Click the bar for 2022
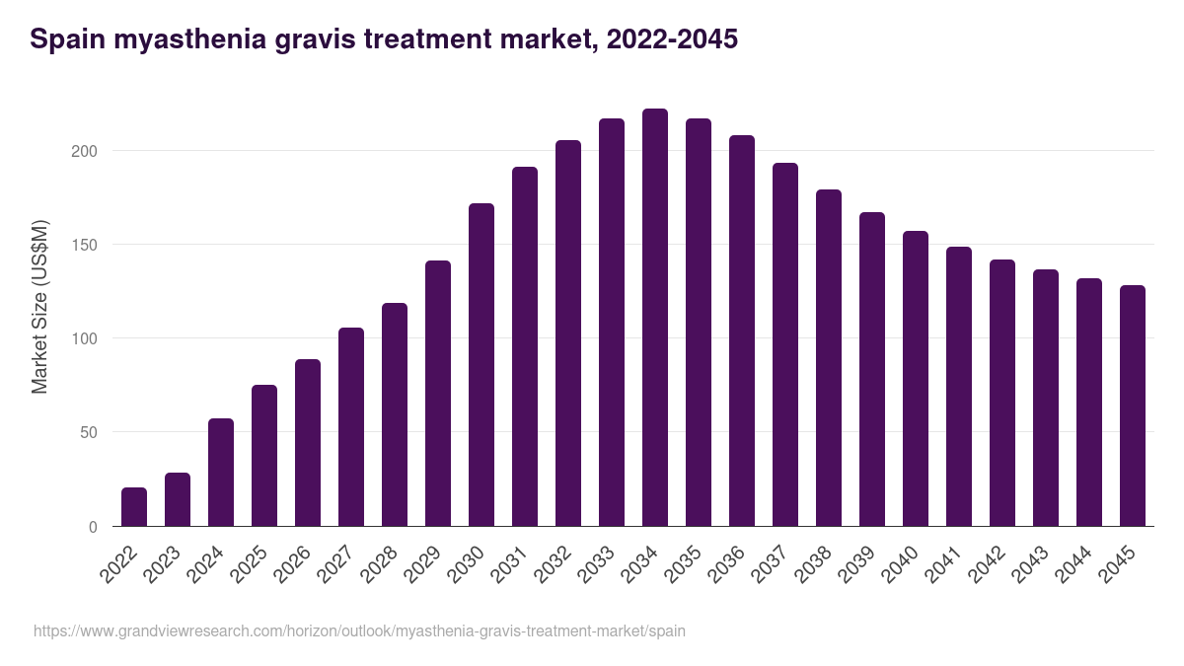tap(134, 507)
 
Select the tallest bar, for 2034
tap(655, 318)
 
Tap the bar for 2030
tap(481, 365)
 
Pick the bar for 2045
tap(1133, 406)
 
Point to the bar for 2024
tap(221, 473)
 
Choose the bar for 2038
tap(829, 358)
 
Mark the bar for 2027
tap(351, 427)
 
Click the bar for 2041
tap(959, 387)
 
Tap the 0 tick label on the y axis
tap(93, 527)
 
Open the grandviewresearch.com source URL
tap(359, 630)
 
